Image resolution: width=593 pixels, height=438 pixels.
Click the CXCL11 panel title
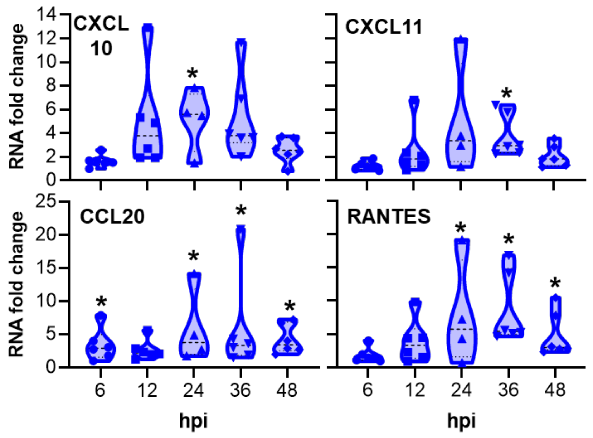383,27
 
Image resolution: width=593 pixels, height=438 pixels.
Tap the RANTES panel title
389,217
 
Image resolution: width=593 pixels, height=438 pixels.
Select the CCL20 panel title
112,217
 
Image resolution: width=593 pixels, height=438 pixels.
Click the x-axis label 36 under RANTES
508,390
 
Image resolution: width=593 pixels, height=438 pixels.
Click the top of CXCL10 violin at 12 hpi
148,27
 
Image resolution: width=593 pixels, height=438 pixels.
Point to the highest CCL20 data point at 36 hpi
241,229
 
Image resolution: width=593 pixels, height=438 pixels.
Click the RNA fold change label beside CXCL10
16,97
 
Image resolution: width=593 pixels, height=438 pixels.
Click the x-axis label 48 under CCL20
287,390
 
